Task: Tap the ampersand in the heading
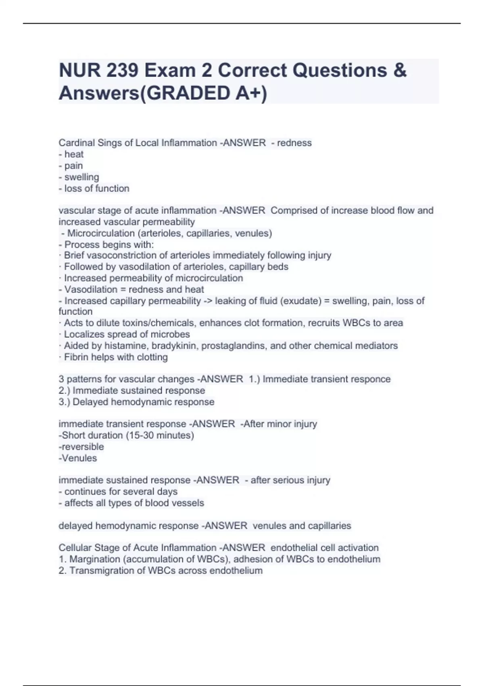(399, 71)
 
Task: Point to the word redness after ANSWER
(294, 143)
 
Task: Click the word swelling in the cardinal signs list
(81, 177)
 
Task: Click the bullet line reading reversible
(82, 447)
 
